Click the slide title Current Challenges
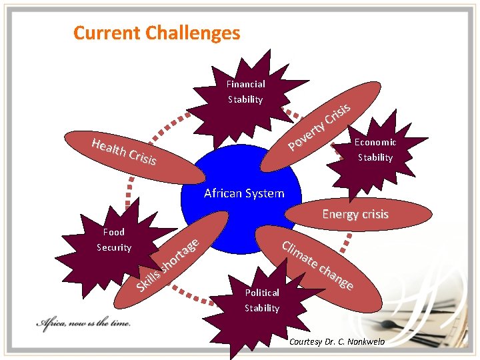point(157,33)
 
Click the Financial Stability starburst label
point(245,92)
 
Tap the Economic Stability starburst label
point(375,150)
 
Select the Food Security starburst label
point(114,240)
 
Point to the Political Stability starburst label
point(262,300)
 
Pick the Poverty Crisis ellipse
point(320,127)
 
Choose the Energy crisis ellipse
point(355,215)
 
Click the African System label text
point(244,193)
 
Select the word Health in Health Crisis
point(109,149)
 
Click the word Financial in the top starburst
point(245,84)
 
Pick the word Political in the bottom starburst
point(262,293)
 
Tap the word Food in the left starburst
point(114,232)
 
